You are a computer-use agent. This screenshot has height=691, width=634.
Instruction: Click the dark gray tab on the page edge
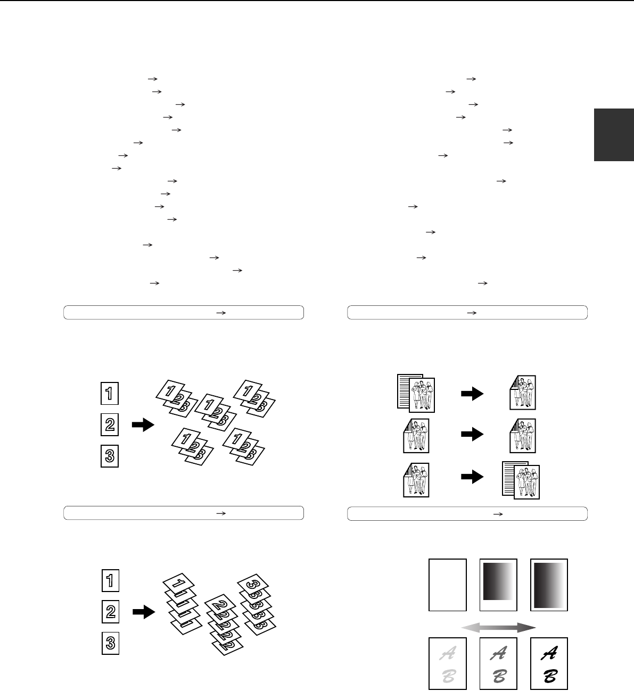click(x=614, y=135)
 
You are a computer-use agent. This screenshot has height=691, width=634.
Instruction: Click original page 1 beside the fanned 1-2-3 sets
click(x=110, y=394)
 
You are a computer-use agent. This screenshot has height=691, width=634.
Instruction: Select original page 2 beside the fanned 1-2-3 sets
click(x=110, y=424)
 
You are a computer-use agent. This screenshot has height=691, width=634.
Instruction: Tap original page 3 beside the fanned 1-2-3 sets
click(x=110, y=456)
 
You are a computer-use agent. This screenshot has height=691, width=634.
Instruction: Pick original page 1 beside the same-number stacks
click(x=110, y=580)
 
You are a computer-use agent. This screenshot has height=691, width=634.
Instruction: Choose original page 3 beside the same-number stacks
click(x=110, y=643)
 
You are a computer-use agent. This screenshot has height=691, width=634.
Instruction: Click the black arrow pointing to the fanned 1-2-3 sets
click(x=143, y=424)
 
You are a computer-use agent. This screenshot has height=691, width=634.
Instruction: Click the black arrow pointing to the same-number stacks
click(x=144, y=612)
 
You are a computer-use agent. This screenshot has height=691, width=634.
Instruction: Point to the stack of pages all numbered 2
click(x=224, y=625)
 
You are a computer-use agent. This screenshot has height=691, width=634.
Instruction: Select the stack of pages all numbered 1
click(x=182, y=604)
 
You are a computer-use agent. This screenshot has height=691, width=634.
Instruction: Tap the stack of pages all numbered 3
click(x=256, y=604)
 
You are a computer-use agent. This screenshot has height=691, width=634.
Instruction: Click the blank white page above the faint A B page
click(x=448, y=585)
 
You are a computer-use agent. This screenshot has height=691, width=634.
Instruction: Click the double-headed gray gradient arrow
click(x=498, y=628)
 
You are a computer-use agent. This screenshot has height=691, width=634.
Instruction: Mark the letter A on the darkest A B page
click(x=549, y=652)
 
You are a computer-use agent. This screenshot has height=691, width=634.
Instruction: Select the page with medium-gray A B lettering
click(x=498, y=663)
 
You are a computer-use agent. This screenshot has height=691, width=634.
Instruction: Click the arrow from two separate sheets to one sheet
click(x=472, y=394)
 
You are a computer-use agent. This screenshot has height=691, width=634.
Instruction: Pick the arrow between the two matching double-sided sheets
click(x=472, y=434)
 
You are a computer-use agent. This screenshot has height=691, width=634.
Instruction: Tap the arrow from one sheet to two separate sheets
click(x=472, y=477)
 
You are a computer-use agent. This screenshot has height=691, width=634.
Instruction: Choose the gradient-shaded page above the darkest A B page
click(x=549, y=585)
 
